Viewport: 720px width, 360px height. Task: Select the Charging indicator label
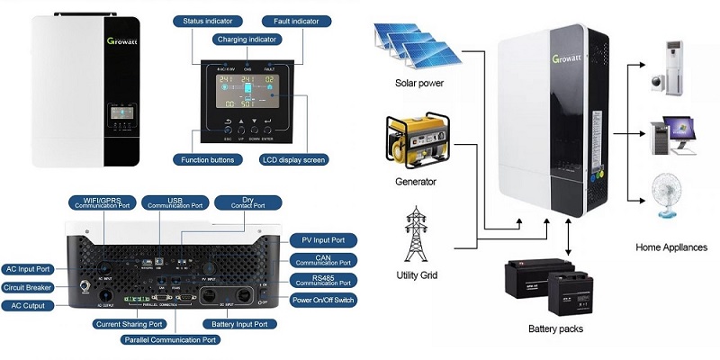(x=248, y=39)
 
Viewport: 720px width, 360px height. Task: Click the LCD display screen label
(x=292, y=159)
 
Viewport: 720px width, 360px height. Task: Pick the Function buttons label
(x=206, y=159)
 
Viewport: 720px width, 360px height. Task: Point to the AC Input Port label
(x=28, y=269)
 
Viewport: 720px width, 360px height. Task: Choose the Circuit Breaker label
(x=28, y=288)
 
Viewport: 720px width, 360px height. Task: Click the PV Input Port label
(x=323, y=240)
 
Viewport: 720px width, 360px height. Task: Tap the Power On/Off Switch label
(x=322, y=298)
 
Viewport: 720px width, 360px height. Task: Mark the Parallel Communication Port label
(x=171, y=340)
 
